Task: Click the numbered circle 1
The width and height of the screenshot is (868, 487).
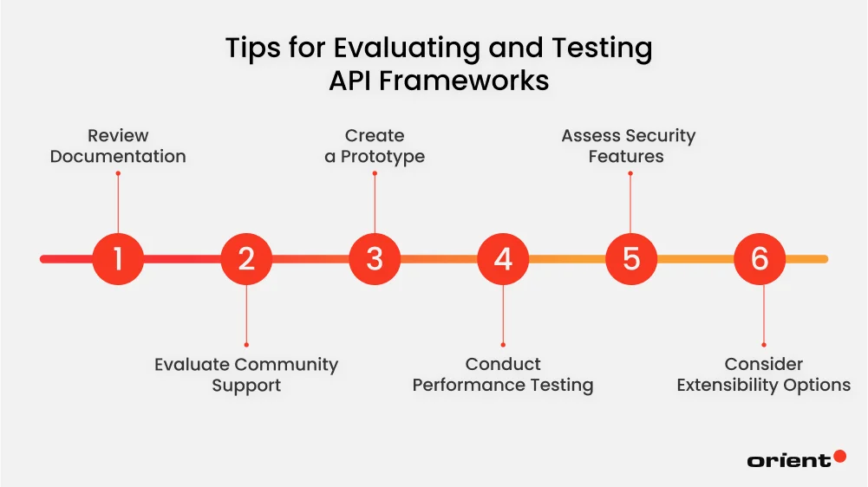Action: pyautogui.click(x=118, y=258)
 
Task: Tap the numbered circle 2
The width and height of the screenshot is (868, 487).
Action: pyautogui.click(x=246, y=258)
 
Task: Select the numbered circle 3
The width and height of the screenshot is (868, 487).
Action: pyautogui.click(x=375, y=258)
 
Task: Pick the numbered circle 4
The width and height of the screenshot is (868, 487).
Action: pyautogui.click(x=503, y=258)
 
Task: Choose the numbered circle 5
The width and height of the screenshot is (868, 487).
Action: pyautogui.click(x=631, y=258)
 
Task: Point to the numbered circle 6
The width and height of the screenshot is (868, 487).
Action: pyautogui.click(x=760, y=258)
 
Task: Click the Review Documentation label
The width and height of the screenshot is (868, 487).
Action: pyautogui.click(x=118, y=146)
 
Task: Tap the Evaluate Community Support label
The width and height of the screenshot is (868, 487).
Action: pyautogui.click(x=246, y=375)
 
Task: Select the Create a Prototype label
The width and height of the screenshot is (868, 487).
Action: pyautogui.click(x=375, y=146)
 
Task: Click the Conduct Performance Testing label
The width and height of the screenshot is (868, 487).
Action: pyautogui.click(x=503, y=375)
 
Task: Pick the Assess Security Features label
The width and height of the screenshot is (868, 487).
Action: pyautogui.click(x=628, y=146)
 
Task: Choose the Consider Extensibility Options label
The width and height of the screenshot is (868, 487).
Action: pyautogui.click(x=763, y=375)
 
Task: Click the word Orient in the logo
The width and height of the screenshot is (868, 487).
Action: pyautogui.click(x=788, y=461)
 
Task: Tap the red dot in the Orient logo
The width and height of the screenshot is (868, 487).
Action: pyautogui.click(x=839, y=456)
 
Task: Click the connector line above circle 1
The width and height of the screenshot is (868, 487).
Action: pyautogui.click(x=118, y=204)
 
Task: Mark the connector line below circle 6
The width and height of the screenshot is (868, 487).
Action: pyautogui.click(x=763, y=314)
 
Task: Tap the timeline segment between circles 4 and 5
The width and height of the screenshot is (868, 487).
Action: pyautogui.click(x=567, y=258)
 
